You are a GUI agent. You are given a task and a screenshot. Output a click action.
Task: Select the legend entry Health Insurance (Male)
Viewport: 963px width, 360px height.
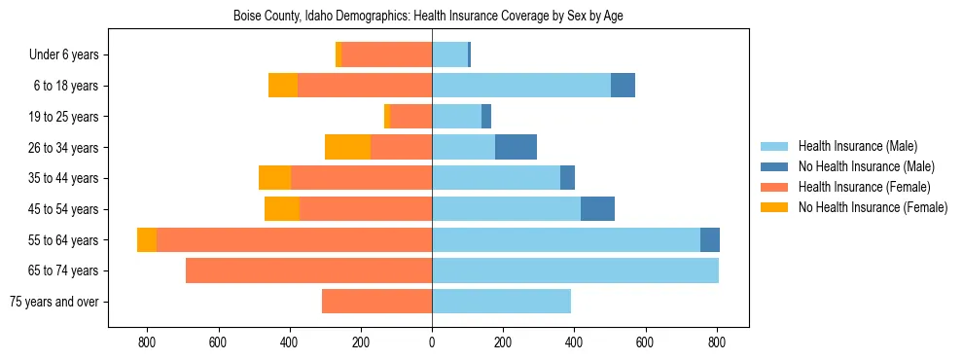click(857, 146)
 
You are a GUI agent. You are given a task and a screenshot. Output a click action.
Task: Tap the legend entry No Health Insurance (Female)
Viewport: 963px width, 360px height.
click(873, 207)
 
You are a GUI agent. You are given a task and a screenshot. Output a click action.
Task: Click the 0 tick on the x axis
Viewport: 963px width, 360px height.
click(432, 343)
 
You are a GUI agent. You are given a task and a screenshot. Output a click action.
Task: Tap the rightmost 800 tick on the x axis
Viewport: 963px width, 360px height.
click(717, 343)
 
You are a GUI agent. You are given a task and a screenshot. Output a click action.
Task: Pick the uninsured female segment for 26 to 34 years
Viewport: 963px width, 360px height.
click(347, 148)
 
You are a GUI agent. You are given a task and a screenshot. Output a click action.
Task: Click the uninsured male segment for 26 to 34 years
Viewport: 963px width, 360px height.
click(516, 148)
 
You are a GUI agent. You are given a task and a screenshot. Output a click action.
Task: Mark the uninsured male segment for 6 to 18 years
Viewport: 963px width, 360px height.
click(623, 86)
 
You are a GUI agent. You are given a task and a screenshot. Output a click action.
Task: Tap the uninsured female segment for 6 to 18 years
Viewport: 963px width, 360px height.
click(283, 86)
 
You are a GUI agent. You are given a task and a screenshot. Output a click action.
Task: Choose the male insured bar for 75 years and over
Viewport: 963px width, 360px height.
click(501, 302)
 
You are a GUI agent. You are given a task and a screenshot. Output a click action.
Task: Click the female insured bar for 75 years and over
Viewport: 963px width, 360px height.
click(376, 302)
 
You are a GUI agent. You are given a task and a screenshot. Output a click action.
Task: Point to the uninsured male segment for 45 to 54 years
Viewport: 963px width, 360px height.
click(597, 209)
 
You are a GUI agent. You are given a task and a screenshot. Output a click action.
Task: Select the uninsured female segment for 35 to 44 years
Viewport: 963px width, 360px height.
click(274, 178)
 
